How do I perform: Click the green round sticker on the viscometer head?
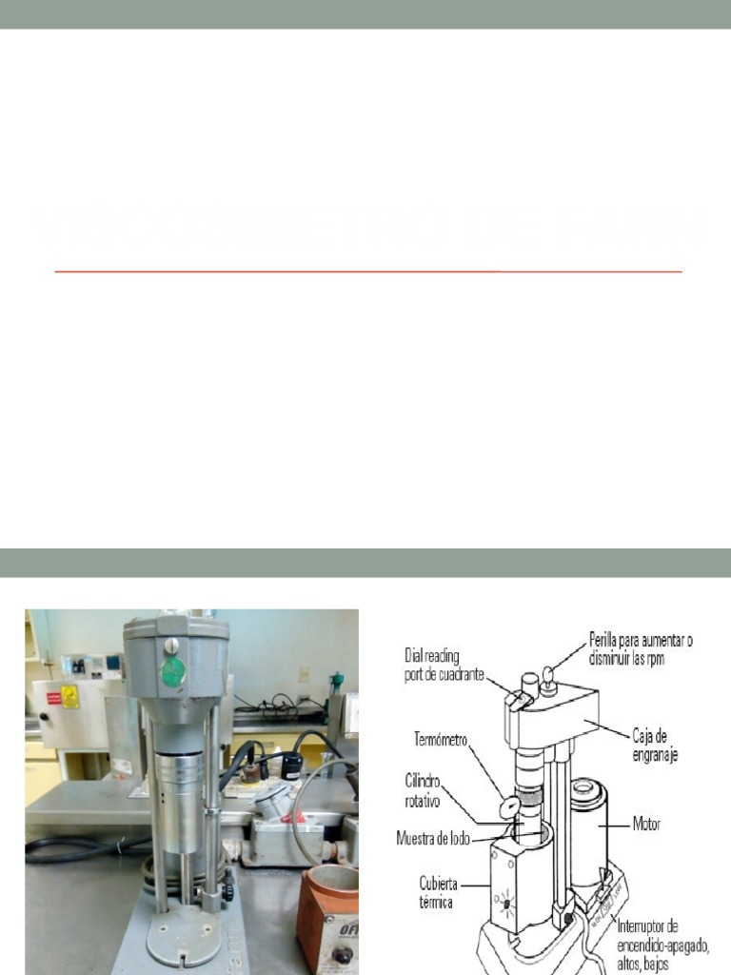pos(172,671)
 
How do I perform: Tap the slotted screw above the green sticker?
pos(171,647)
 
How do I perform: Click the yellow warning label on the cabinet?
pos(69,697)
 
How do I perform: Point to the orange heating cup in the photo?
pos(327,919)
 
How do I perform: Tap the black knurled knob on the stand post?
pos(227,892)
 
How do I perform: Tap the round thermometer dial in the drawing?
pos(510,806)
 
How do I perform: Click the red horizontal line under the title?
pos(368,271)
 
